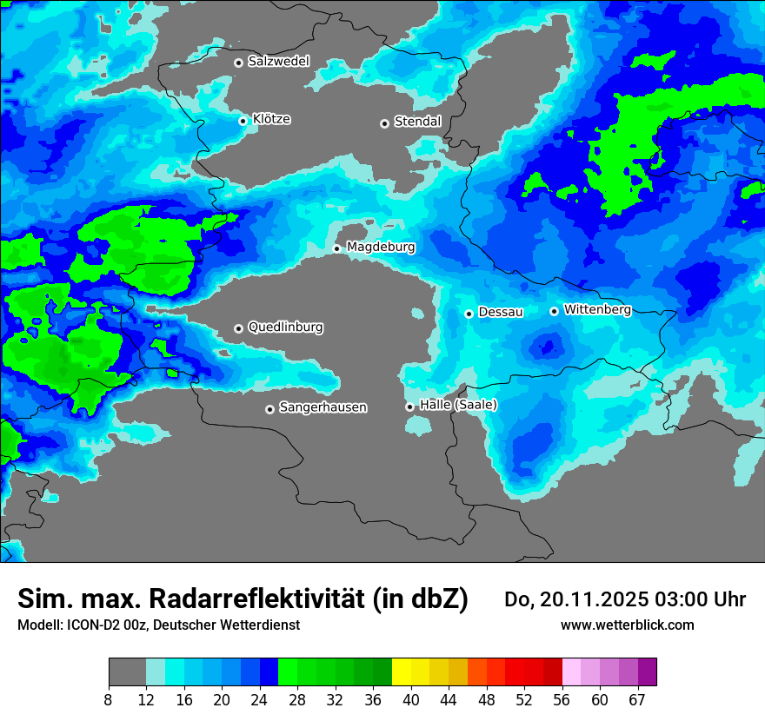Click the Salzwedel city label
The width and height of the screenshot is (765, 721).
coord(278,62)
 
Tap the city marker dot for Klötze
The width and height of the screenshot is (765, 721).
coord(243,121)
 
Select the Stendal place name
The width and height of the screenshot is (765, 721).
coord(417,122)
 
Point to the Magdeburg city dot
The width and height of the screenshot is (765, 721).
coord(336,248)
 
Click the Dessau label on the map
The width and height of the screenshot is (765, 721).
coord(501,312)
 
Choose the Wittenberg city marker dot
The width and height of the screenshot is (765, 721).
coord(554,311)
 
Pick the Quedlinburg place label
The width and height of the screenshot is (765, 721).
coord(285,327)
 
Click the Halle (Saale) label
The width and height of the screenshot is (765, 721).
coord(458,405)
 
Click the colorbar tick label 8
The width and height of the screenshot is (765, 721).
coord(109,699)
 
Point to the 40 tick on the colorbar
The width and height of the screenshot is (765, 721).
coord(411,699)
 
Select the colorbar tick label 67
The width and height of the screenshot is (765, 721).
coord(638,699)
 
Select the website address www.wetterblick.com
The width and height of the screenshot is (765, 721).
coord(627,625)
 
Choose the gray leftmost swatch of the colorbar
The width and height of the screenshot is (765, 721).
coord(127,672)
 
